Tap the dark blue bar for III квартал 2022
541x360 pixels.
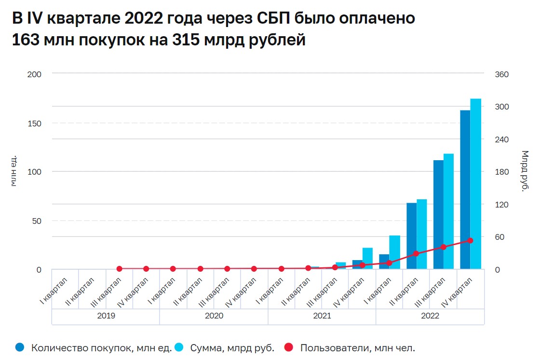pos(438,214)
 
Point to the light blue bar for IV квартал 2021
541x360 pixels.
pos(368,258)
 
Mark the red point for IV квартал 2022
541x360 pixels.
pos(470,240)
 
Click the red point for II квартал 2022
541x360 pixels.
pos(416,253)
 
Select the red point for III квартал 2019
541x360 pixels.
pos(119,269)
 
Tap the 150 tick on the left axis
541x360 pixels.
pos(35,123)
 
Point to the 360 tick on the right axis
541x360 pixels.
pos(502,74)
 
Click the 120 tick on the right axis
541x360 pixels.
pos(502,205)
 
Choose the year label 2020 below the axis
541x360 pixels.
pos(214,316)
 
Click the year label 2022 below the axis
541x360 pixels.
pos(430,316)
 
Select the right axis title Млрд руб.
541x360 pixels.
pos(525,171)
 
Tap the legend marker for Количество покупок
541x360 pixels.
pos(20,347)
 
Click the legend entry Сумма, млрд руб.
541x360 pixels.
pos(232,347)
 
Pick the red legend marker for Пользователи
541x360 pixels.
pos(288,347)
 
